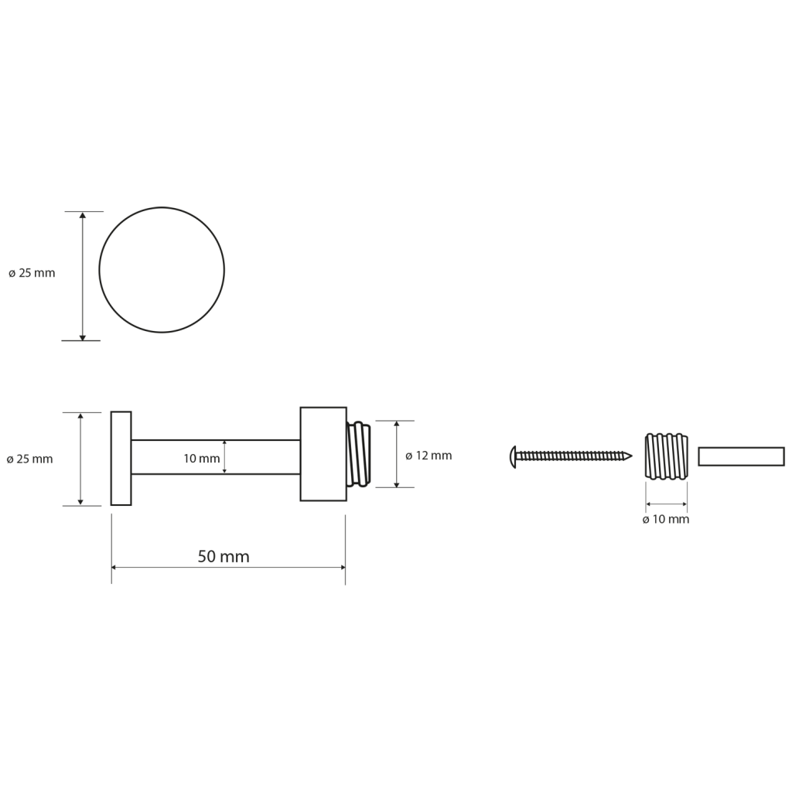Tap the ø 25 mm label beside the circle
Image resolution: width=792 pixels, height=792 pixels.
(x=32, y=273)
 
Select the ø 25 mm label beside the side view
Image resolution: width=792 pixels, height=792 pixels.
(x=30, y=459)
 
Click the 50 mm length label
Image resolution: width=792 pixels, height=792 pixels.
(x=224, y=557)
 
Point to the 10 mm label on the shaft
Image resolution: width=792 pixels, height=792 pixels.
(x=202, y=459)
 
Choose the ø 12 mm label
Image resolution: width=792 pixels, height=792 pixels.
(x=428, y=456)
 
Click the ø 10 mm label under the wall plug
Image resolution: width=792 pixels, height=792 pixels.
(x=666, y=520)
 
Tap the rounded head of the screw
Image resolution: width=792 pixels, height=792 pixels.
(x=514, y=456)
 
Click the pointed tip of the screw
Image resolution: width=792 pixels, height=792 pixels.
(x=631, y=456)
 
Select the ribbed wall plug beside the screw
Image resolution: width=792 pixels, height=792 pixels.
(x=666, y=456)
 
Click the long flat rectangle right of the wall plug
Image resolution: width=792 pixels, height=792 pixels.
(x=741, y=456)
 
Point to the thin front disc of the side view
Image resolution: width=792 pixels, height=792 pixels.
(x=121, y=458)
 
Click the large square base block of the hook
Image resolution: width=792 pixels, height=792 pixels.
(x=323, y=454)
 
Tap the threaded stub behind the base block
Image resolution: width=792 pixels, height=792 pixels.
(x=359, y=455)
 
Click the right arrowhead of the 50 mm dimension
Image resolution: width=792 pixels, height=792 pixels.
(x=343, y=567)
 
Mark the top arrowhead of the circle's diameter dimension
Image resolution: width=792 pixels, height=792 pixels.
(x=83, y=215)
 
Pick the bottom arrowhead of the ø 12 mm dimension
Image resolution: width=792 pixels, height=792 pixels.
(x=397, y=484)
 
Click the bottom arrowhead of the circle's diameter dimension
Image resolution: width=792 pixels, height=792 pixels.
(x=83, y=337)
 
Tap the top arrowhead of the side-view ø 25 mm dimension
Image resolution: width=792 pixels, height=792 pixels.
(x=80, y=416)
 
